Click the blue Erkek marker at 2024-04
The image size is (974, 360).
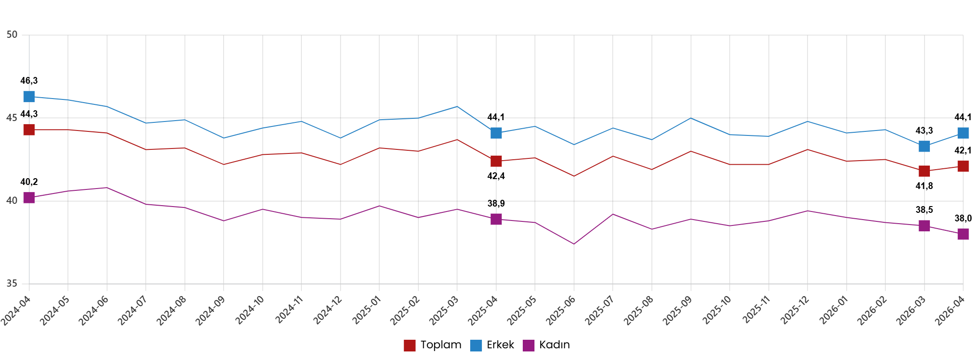point(29,97)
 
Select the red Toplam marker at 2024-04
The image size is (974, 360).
point(29,130)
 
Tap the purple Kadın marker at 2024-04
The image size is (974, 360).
point(29,198)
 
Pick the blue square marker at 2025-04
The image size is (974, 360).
point(496,133)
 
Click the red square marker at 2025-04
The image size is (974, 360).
point(496,161)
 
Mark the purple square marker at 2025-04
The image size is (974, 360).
point(496,219)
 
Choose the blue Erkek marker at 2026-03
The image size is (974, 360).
point(924,146)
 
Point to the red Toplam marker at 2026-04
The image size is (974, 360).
point(963,166)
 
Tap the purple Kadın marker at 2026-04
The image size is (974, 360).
point(963,234)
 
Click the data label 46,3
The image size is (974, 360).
point(29,81)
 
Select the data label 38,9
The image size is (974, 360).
point(496,204)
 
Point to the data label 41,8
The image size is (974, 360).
point(924,186)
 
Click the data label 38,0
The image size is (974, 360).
point(963,219)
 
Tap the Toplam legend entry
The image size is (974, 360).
point(433,345)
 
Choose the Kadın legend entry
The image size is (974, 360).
point(547,345)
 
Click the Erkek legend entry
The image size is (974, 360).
point(492,345)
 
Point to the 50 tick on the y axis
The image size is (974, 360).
point(12,35)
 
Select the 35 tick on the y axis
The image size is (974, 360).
point(12,283)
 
